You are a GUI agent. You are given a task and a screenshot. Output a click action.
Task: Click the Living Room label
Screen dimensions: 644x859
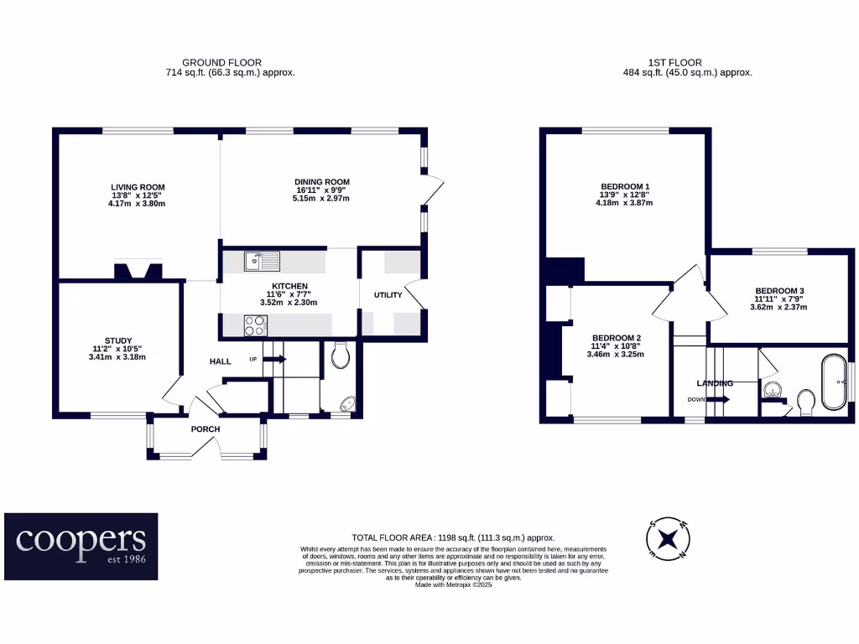tap(138, 187)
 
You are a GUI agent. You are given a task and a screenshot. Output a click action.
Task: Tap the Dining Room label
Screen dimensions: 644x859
tap(321, 182)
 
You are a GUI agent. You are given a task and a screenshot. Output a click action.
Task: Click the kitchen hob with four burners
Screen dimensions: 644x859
tap(256, 325)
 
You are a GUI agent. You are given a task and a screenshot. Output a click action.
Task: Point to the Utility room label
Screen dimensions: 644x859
tap(388, 294)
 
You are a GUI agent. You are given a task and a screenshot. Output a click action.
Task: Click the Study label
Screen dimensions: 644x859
tap(119, 340)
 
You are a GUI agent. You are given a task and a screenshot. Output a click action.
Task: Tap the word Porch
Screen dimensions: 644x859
tap(206, 429)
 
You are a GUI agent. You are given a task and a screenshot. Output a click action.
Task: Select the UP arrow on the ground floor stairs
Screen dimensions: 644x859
tap(275, 359)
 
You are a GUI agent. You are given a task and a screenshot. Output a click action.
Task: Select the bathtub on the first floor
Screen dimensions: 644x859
tap(833, 382)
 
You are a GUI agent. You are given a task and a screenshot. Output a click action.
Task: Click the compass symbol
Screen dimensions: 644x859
tap(669, 539)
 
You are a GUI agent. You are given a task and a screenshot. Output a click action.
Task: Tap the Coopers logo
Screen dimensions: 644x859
tap(81, 546)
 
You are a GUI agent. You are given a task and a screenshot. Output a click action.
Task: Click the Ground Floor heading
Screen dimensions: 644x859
tap(221, 62)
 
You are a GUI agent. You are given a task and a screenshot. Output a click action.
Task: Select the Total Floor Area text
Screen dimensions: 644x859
tap(453, 538)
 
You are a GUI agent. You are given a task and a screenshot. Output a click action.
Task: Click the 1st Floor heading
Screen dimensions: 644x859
tap(674, 62)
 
